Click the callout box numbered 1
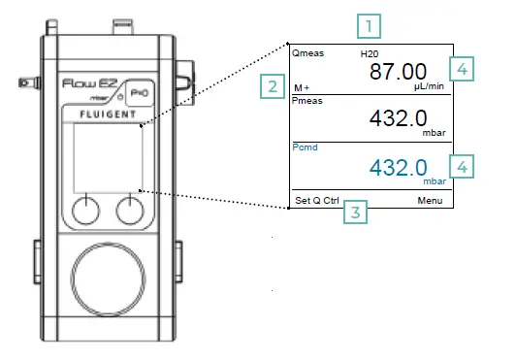[x=369, y=24]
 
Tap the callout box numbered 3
[x=359, y=212]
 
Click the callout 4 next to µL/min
[x=464, y=69]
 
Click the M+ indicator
[x=303, y=87]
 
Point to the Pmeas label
[x=307, y=99]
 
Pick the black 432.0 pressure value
[x=400, y=117]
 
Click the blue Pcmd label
[x=306, y=147]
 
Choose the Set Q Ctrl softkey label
[x=316, y=201]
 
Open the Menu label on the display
[x=430, y=201]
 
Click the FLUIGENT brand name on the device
[x=108, y=114]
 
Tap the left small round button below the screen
[x=86, y=207]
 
